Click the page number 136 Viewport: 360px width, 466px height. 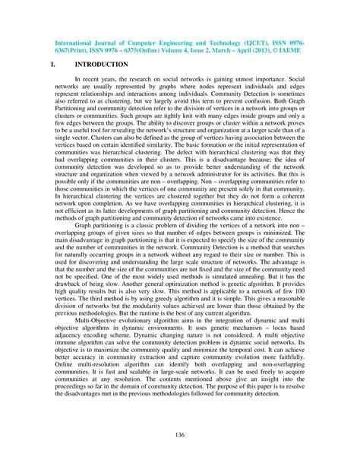click(181, 434)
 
